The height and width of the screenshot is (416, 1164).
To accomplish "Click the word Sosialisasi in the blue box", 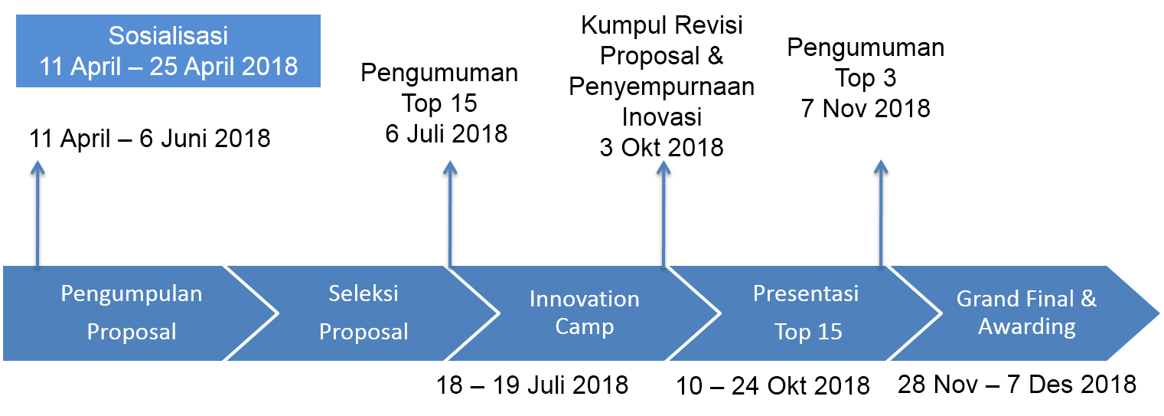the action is pyautogui.click(x=168, y=36).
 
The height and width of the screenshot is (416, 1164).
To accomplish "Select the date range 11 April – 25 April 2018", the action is pyautogui.click(x=168, y=67).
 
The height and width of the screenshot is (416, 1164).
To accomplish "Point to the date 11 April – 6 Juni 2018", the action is pyautogui.click(x=150, y=139).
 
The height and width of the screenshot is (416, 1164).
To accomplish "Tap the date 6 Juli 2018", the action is pyautogui.click(x=446, y=133).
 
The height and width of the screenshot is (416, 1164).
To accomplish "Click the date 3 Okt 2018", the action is pyautogui.click(x=661, y=148).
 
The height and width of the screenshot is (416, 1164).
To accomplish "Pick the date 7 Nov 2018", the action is pyautogui.click(x=866, y=109).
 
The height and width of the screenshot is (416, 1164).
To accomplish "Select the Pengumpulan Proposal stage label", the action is pyautogui.click(x=132, y=313).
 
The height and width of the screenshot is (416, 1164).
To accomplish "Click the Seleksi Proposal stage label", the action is pyautogui.click(x=364, y=313).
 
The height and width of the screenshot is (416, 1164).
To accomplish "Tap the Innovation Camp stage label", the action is pyautogui.click(x=584, y=313).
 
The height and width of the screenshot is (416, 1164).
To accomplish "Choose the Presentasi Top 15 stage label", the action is pyautogui.click(x=806, y=313).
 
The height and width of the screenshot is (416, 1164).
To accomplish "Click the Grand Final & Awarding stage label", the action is pyautogui.click(x=1027, y=313).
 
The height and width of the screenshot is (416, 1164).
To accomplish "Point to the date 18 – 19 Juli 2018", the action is pyautogui.click(x=532, y=385).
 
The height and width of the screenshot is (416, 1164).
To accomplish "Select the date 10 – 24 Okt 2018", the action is pyautogui.click(x=773, y=386).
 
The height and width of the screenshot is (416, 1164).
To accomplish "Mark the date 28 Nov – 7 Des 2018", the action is pyautogui.click(x=1017, y=385).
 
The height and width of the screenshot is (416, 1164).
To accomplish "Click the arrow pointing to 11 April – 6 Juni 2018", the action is pyautogui.click(x=37, y=215).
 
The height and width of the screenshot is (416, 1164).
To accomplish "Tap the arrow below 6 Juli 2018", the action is pyautogui.click(x=450, y=215).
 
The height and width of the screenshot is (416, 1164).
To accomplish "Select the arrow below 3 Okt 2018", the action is pyautogui.click(x=664, y=215).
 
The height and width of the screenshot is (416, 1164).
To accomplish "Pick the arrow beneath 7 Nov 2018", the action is pyautogui.click(x=881, y=214).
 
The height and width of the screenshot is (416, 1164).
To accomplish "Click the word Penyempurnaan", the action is pyautogui.click(x=661, y=87).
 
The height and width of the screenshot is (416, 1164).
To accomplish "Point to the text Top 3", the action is pyautogui.click(x=866, y=78).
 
